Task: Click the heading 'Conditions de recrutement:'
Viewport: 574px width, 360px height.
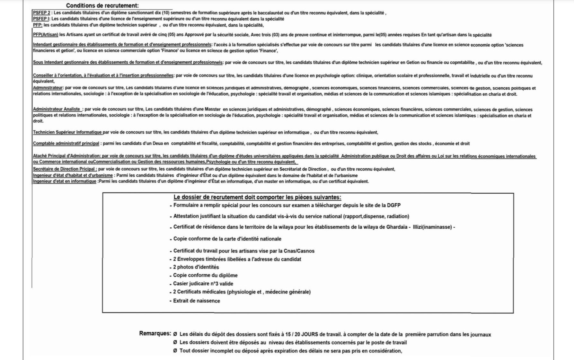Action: (x=102, y=5)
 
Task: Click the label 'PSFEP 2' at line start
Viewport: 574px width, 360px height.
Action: (x=41, y=13)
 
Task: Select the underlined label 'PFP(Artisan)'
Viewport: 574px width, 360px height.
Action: (x=45, y=35)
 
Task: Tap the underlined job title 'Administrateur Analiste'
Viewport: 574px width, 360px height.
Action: (x=57, y=109)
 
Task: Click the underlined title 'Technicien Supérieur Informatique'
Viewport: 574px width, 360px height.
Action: (x=67, y=132)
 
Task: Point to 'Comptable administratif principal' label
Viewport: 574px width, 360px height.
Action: (x=66, y=144)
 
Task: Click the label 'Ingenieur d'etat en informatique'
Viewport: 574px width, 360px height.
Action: (x=65, y=181)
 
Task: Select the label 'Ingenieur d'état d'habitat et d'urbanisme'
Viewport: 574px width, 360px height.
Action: (x=73, y=175)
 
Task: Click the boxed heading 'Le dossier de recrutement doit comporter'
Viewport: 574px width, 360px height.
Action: (x=257, y=197)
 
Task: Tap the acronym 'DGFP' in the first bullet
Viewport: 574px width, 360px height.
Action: (x=393, y=205)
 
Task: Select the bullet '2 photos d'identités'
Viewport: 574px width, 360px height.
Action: (x=196, y=267)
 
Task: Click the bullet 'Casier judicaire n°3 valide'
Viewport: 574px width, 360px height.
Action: (x=203, y=284)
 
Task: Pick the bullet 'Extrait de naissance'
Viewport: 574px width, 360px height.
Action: (x=197, y=301)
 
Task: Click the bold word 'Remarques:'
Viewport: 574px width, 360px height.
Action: (x=155, y=333)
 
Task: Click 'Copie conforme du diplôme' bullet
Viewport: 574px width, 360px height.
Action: (x=205, y=275)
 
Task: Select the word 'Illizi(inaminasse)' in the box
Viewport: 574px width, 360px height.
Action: (x=432, y=227)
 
